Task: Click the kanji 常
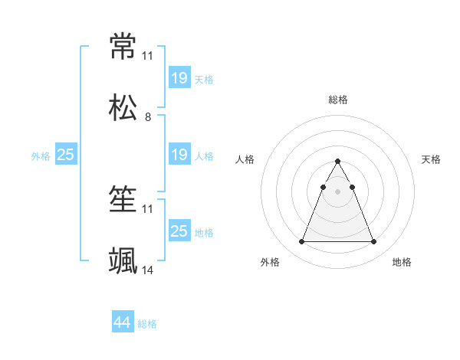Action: click(123, 47)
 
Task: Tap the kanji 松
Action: click(123, 108)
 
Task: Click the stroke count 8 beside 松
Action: click(148, 117)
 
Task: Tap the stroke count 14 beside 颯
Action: click(148, 271)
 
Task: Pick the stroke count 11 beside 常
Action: click(148, 56)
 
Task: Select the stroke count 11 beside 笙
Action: click(148, 209)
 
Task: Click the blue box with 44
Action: click(123, 323)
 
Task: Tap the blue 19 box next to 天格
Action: click(179, 78)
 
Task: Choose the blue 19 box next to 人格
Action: click(179, 155)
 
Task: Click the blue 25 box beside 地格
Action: click(179, 231)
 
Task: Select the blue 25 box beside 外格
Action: click(66, 155)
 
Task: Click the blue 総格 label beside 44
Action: click(148, 324)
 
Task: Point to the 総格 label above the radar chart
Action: click(338, 100)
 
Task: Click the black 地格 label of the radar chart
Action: click(402, 262)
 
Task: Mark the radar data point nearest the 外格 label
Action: click(301, 242)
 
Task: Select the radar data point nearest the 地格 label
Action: click(374, 242)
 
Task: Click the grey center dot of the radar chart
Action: click(338, 191)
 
